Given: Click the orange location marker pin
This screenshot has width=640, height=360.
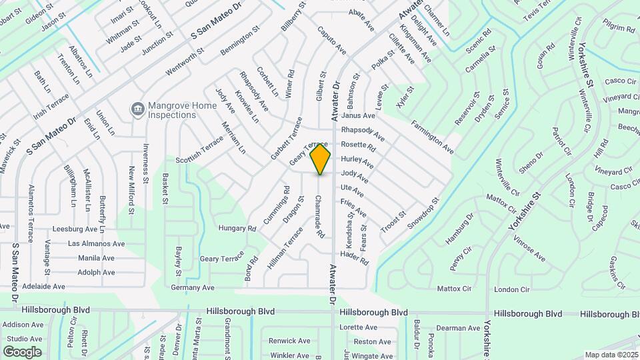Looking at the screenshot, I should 321,159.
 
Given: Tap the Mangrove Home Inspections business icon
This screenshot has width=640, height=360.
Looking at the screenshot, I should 137,109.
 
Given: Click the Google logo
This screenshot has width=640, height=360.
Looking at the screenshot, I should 22,352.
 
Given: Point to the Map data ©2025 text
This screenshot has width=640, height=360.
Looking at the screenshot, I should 611,355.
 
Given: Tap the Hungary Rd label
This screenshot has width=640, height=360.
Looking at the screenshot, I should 238,228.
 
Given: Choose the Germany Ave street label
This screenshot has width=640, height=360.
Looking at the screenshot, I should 193,287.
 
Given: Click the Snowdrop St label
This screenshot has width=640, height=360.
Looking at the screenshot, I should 425,213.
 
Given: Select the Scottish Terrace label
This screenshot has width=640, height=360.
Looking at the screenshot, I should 199,152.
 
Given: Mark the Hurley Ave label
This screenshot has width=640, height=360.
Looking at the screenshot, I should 357,162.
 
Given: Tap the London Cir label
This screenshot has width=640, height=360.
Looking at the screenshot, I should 512,289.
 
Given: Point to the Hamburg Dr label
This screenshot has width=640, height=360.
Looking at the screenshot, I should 459,228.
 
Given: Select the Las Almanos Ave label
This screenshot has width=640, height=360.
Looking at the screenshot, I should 96,244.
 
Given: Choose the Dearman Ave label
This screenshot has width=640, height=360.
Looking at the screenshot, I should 459,327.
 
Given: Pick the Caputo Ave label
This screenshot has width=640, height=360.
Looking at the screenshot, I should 332,41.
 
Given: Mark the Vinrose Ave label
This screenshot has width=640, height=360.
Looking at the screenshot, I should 529,249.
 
